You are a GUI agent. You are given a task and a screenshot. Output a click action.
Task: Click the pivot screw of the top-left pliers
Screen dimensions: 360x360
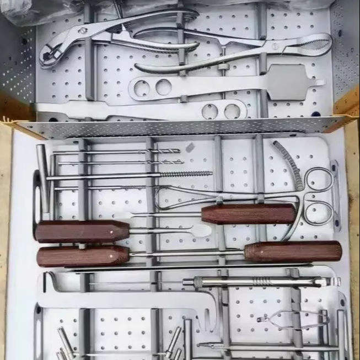click(x=82, y=31)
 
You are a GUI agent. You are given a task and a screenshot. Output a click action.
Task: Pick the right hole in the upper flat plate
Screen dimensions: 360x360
click(x=163, y=87)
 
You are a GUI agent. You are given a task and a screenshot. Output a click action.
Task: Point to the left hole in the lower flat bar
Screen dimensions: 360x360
click(x=209, y=111)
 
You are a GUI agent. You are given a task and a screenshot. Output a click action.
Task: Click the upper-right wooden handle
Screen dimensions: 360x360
click(x=248, y=213)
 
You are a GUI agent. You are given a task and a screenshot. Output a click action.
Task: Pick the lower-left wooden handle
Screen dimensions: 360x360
click(x=83, y=256)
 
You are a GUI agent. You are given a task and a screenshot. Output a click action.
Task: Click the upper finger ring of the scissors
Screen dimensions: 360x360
click(x=319, y=180)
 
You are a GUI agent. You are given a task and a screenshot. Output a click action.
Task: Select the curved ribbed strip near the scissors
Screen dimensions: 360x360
click(x=287, y=163)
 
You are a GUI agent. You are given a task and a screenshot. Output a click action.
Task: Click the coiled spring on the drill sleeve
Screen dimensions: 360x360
click(x=262, y=282)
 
